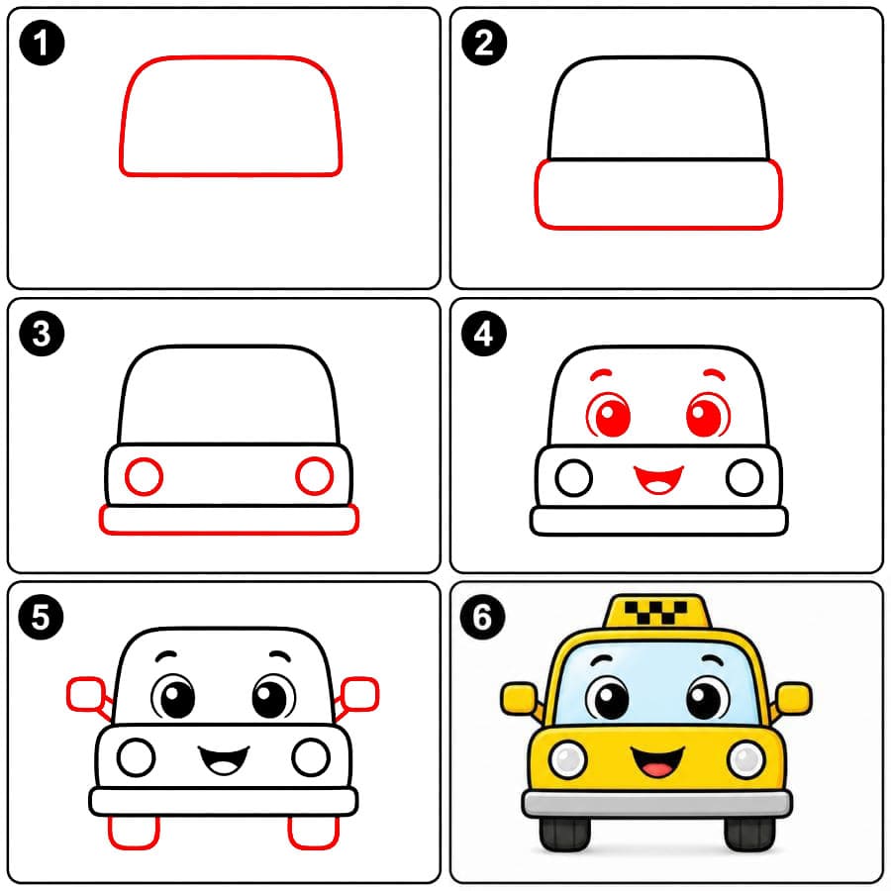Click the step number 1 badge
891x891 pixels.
click(42, 43)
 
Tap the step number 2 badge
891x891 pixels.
click(484, 43)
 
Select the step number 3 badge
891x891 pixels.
click(42, 334)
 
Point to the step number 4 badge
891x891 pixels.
click(484, 334)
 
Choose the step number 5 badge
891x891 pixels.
click(41, 617)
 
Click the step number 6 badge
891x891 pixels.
click(482, 617)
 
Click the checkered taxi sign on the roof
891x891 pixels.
click(656, 612)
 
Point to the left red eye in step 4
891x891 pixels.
click(609, 416)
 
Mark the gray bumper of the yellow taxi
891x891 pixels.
click(657, 804)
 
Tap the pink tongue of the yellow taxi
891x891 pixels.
click(657, 770)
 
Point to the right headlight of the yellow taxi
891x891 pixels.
click(746, 759)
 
